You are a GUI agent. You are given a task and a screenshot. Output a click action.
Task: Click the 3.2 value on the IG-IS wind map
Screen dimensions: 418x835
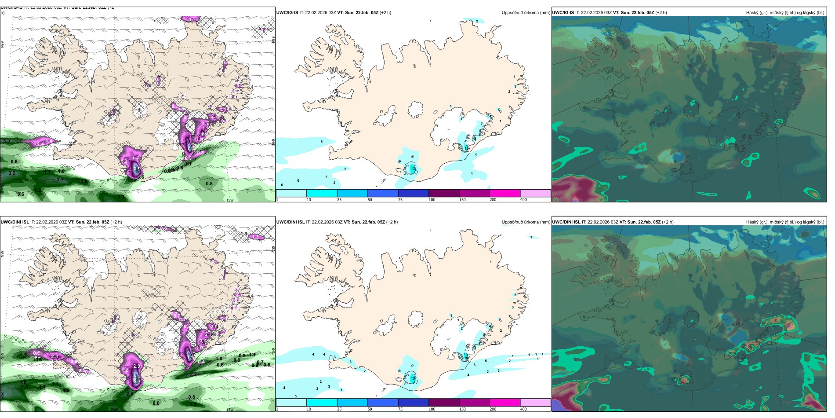coord(12,173)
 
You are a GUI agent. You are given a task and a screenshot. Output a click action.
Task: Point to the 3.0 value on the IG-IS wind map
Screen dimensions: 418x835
coord(6,141)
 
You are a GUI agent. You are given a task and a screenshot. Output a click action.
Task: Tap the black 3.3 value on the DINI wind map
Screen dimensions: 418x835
coord(193,374)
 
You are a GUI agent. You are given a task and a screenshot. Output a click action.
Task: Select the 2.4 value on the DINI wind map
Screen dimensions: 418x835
coord(130,394)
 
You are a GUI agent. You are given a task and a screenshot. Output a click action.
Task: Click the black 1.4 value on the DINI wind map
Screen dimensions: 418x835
coord(192,404)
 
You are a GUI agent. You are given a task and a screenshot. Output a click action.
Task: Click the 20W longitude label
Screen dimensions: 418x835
coord(114,410)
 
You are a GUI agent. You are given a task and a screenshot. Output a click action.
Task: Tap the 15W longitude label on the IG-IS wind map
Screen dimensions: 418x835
coord(229,200)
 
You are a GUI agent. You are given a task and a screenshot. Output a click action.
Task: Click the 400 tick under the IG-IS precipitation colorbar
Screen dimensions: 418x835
coord(523,200)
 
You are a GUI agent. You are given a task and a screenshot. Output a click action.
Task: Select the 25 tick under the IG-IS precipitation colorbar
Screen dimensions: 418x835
coord(339,200)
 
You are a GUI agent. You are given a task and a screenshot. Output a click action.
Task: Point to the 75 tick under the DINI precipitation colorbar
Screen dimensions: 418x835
coord(400,409)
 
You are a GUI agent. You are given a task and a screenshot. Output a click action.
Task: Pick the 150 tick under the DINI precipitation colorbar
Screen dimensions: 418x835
coord(462,409)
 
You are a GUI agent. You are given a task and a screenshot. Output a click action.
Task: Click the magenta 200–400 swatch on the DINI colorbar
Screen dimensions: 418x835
coord(505,403)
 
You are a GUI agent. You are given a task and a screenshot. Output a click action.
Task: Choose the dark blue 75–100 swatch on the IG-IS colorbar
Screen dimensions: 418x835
coord(413,193)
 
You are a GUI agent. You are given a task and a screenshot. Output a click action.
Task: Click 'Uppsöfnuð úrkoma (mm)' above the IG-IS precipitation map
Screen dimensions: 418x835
coord(526,13)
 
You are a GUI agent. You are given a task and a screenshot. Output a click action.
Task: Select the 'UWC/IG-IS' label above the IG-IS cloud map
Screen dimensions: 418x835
coord(563,13)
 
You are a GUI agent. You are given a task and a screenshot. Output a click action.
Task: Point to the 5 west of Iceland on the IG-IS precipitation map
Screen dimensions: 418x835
coord(322,142)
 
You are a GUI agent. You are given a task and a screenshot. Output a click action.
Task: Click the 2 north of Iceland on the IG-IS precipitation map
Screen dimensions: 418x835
coord(477,21)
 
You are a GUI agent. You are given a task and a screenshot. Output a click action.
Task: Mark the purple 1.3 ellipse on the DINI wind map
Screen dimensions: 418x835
coord(256,237)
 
